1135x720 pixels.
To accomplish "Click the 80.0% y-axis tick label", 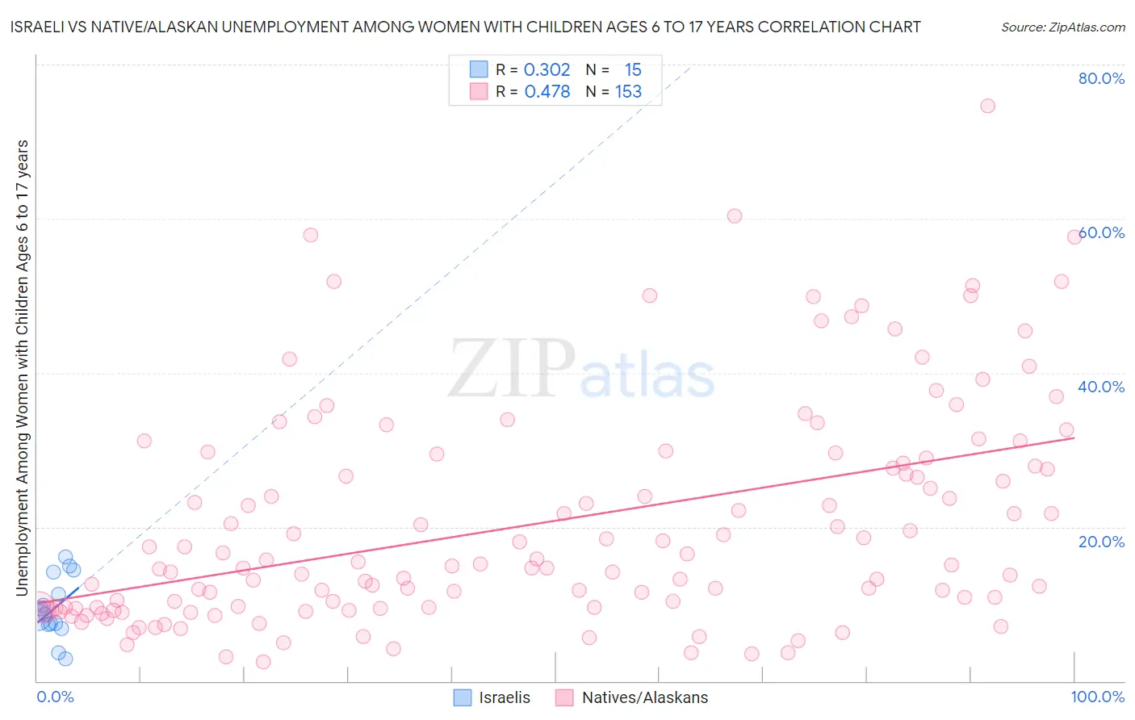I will point(1101,78).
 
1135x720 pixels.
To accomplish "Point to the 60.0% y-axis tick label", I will point(1101,232).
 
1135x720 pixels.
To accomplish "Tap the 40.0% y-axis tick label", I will point(1101,387).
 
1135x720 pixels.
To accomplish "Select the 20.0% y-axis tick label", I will point(1101,541).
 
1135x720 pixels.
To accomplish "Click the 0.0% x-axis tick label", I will point(55,697).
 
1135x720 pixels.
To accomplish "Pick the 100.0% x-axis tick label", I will point(1097,697).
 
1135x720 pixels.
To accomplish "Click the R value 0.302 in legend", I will point(547,69).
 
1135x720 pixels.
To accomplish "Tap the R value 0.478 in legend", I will point(547,91).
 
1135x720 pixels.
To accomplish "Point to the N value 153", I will point(628,91).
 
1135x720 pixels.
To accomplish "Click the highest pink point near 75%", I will point(987,106).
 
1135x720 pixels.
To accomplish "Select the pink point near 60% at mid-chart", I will point(734,216).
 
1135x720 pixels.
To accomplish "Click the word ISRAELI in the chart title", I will point(40,27).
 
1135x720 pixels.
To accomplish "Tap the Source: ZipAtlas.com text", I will point(1062,27).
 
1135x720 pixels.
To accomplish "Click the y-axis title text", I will point(22,367).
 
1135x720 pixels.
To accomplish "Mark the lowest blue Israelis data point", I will point(65,659).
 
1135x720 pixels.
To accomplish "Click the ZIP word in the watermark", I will point(510,369).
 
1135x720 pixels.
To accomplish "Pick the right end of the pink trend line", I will point(1074,437).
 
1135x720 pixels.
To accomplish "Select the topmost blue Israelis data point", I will point(65,557).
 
